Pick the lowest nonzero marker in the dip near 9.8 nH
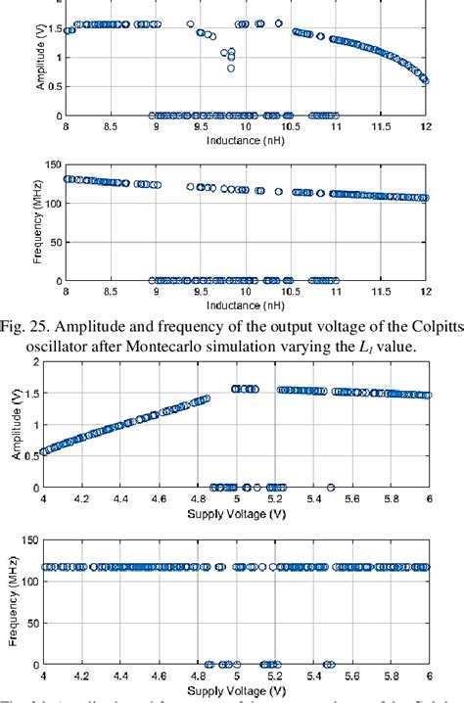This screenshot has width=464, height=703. click(x=231, y=69)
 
